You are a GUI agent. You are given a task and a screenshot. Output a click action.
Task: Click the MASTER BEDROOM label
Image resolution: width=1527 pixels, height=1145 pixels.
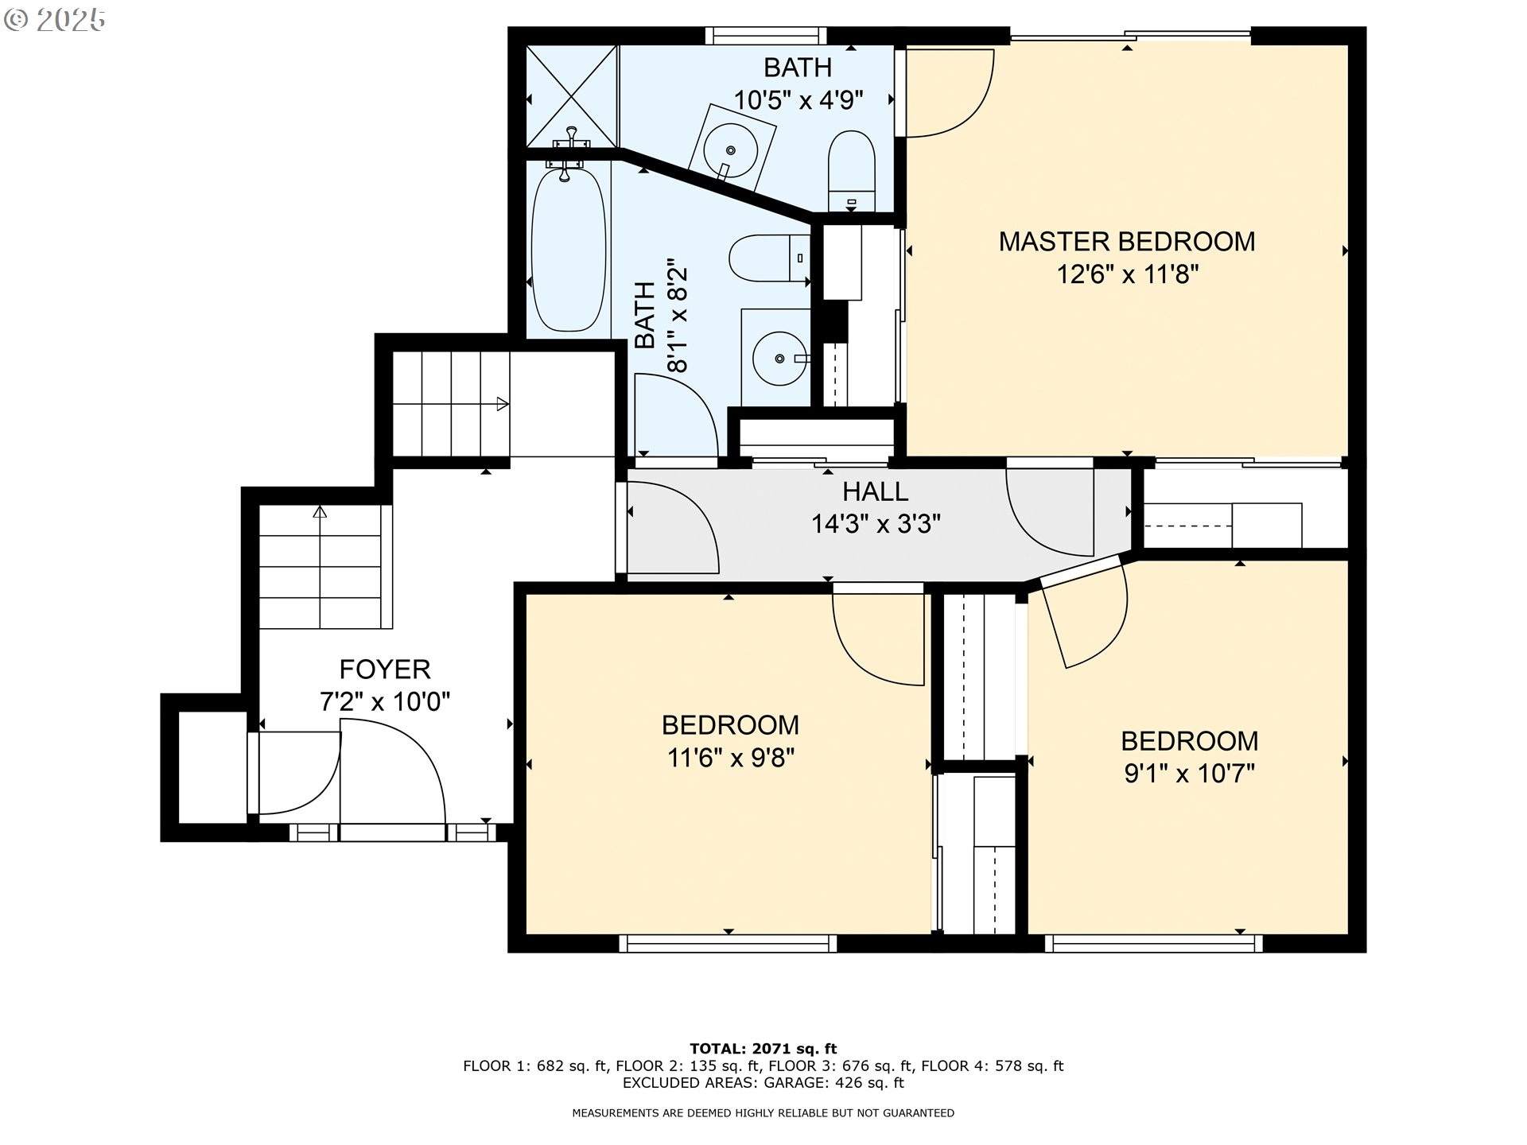tap(1127, 242)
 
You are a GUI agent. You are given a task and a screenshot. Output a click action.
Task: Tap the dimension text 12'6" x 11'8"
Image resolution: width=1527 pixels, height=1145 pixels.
tap(1127, 274)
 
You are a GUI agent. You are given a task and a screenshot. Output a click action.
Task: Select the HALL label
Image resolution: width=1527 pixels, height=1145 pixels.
tap(876, 491)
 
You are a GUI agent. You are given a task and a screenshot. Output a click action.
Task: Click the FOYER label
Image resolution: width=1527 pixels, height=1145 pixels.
tap(385, 670)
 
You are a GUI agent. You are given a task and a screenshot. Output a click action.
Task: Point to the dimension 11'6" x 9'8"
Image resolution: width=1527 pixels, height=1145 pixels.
tap(731, 758)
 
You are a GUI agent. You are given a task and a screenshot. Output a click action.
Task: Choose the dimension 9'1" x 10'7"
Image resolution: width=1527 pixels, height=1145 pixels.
tap(1189, 773)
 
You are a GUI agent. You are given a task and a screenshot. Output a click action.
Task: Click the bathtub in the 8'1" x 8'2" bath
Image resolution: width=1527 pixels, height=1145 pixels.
tap(568, 250)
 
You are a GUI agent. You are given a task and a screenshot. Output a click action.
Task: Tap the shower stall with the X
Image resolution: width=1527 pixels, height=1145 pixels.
tap(573, 96)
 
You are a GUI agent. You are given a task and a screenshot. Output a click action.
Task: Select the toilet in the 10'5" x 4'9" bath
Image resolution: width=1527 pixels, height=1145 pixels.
tap(852, 172)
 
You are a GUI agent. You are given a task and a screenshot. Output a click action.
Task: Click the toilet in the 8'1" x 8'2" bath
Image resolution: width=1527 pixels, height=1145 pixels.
tap(769, 258)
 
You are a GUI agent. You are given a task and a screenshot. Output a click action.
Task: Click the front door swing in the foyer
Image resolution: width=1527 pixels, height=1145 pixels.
tap(393, 778)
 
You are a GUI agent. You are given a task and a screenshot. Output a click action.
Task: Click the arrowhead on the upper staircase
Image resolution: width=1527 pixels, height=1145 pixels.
tap(503, 404)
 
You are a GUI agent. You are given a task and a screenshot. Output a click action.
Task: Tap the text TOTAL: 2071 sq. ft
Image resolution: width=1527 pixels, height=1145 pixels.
tap(763, 1049)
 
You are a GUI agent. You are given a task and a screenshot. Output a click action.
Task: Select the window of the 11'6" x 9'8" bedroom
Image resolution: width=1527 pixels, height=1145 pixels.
tap(728, 943)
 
